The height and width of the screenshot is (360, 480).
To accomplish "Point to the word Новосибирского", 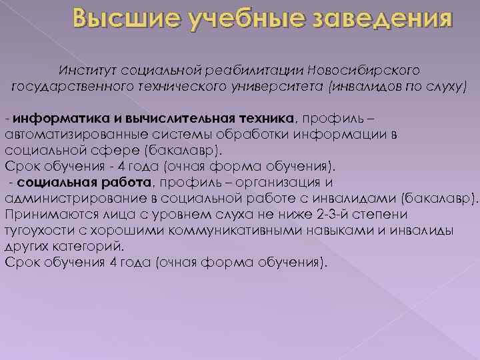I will click(363, 70).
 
